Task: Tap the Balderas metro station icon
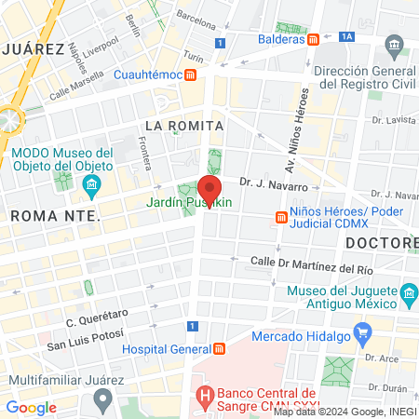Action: point(315,39)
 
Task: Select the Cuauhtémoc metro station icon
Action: point(190,74)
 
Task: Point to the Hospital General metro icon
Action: point(219,350)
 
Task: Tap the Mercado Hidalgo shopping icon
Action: point(363,331)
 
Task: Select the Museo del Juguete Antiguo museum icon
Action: point(408,297)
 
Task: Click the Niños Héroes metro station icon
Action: point(280,218)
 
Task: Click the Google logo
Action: point(31,407)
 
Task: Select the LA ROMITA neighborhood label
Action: point(183,125)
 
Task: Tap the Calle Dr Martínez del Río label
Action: point(312,264)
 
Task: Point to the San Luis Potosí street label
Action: point(87,347)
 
